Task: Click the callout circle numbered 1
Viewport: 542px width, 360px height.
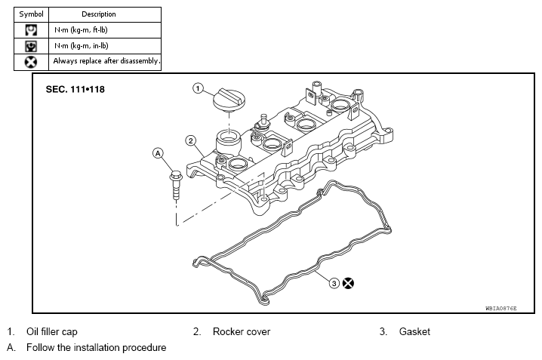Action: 198,88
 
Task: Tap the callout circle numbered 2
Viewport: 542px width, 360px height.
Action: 191,140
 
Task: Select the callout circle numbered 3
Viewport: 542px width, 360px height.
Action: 334,283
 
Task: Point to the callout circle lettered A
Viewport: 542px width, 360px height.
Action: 158,153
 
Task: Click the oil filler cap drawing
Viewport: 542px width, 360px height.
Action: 229,100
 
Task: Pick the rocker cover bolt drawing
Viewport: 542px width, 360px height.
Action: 176,185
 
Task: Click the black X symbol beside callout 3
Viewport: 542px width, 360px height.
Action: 348,283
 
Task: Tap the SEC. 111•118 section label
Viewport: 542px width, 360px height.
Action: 75,90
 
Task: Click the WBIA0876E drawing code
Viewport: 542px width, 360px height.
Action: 501,308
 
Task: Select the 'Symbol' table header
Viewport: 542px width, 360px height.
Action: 31,14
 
